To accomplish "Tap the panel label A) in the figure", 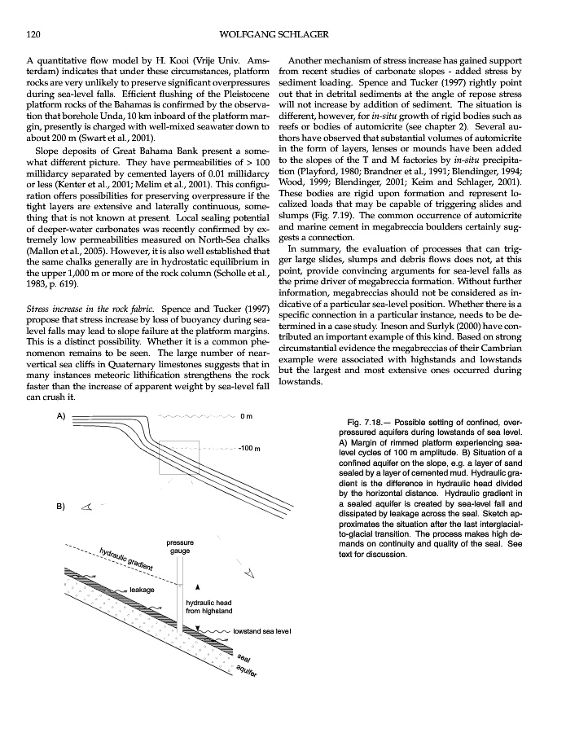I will pyautogui.click(x=60, y=415).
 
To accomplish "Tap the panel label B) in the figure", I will pyautogui.click(x=60, y=507).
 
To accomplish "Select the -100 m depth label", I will pyautogui.click(x=248, y=449).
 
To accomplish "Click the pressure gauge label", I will pyautogui.click(x=179, y=546).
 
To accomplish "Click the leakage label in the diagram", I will pyautogui.click(x=143, y=589).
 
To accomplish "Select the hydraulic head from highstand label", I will pyautogui.click(x=209, y=606).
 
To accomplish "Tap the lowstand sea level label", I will pyautogui.click(x=261, y=631).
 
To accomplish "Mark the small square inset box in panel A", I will pyautogui.click(x=178, y=458).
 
